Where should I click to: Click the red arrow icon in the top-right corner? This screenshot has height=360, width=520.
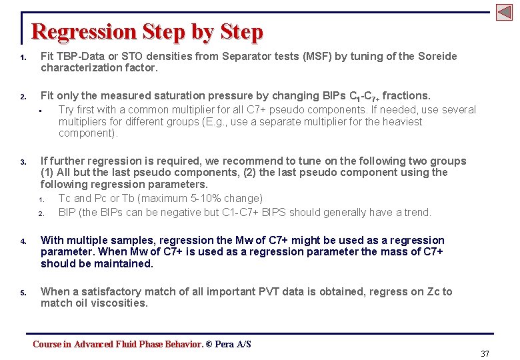click(x=503, y=12)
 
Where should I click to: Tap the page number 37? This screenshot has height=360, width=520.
click(x=485, y=353)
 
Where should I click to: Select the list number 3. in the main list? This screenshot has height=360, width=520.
click(x=23, y=162)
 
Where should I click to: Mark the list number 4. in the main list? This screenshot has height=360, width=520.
click(x=23, y=241)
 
